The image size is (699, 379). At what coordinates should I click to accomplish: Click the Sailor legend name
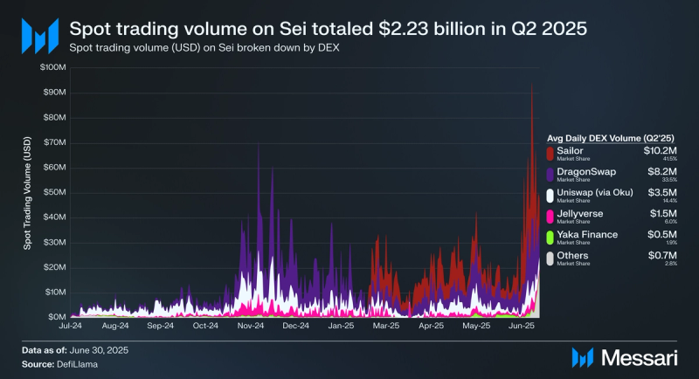570,150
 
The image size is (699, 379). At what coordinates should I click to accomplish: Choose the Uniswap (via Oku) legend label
597,192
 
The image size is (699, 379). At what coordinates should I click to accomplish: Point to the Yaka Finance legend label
586,234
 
